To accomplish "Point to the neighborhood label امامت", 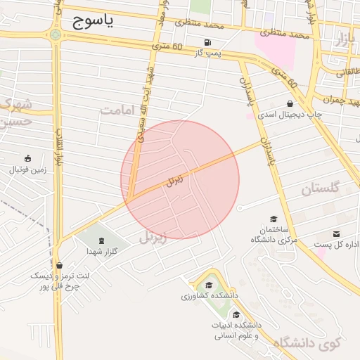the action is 116,110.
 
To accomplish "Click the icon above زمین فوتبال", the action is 27,159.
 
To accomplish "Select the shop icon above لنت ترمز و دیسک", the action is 59,266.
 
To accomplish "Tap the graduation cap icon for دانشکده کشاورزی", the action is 209,285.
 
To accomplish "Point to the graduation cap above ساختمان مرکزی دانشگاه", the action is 273,219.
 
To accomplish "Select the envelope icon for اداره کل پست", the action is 336,234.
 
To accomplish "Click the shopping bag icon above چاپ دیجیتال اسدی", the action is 290,103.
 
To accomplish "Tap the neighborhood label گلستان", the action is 320,188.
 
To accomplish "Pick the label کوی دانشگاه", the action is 307,343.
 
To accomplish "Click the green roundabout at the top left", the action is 55,34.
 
